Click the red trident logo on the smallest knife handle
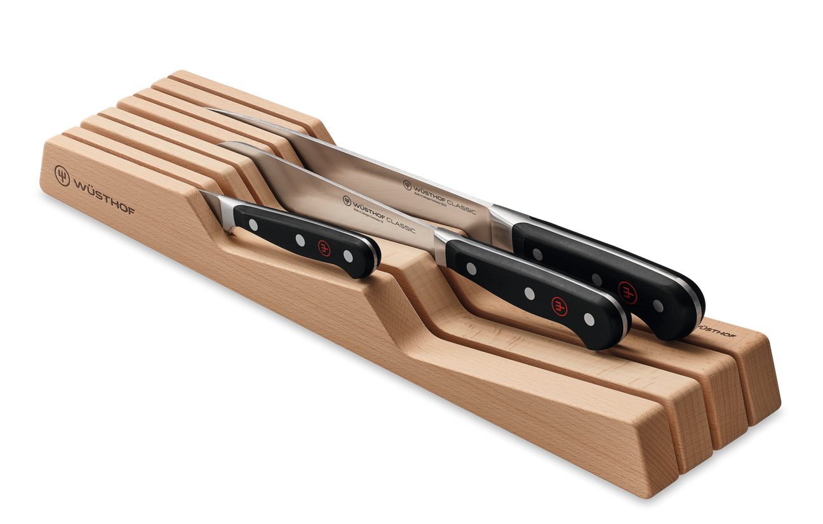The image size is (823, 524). point(324,246)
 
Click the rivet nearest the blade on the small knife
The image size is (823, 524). point(253,224)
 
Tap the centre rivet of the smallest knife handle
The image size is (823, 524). point(299,239)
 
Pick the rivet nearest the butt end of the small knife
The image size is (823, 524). point(347,255)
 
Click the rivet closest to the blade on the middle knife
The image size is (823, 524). point(471,269)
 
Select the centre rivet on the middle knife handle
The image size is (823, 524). point(529,293)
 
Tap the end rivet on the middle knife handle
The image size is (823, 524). point(589,319)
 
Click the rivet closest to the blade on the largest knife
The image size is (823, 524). point(538,254)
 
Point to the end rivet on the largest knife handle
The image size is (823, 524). point(658,306)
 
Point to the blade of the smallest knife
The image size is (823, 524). point(216,203)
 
